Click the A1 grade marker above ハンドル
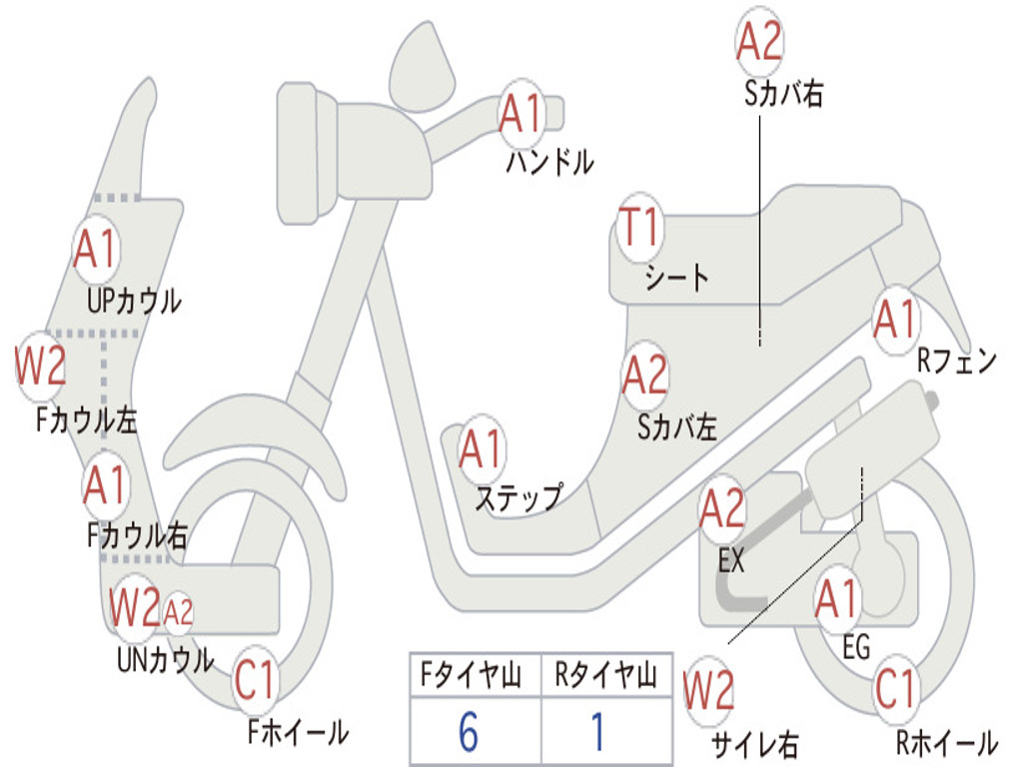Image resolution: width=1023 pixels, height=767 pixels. click(520, 114)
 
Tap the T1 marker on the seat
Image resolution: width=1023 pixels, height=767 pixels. click(639, 230)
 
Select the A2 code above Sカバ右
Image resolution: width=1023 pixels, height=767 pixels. click(759, 42)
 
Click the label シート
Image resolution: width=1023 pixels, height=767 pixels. click(676, 277)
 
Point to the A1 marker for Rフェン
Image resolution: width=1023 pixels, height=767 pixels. click(894, 320)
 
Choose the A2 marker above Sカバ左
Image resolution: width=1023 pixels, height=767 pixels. click(644, 376)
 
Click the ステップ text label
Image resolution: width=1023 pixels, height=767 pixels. click(517, 496)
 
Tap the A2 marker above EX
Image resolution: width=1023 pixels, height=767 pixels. click(722, 509)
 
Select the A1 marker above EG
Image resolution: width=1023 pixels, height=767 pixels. click(837, 599)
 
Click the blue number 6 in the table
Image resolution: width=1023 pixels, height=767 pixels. click(468, 733)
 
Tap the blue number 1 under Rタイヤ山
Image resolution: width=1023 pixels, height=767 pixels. click(597, 733)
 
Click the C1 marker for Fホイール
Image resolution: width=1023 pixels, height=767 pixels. click(255, 681)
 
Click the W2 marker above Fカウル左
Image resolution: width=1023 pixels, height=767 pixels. click(41, 367)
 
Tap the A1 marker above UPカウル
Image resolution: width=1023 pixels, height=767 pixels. click(96, 250)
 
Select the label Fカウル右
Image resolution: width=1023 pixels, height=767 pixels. click(137, 536)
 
